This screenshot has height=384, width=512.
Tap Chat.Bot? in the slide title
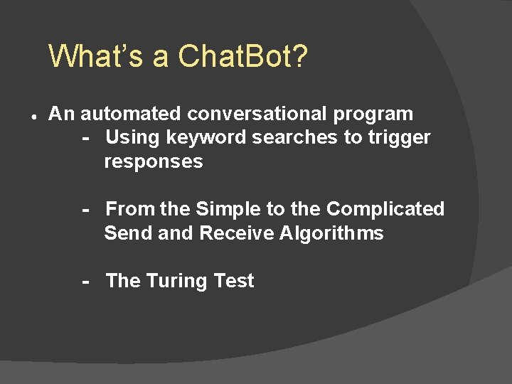[243, 55]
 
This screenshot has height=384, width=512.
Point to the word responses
[154, 162]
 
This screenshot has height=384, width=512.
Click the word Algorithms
[331, 233]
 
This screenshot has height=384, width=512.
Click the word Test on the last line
[234, 281]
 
